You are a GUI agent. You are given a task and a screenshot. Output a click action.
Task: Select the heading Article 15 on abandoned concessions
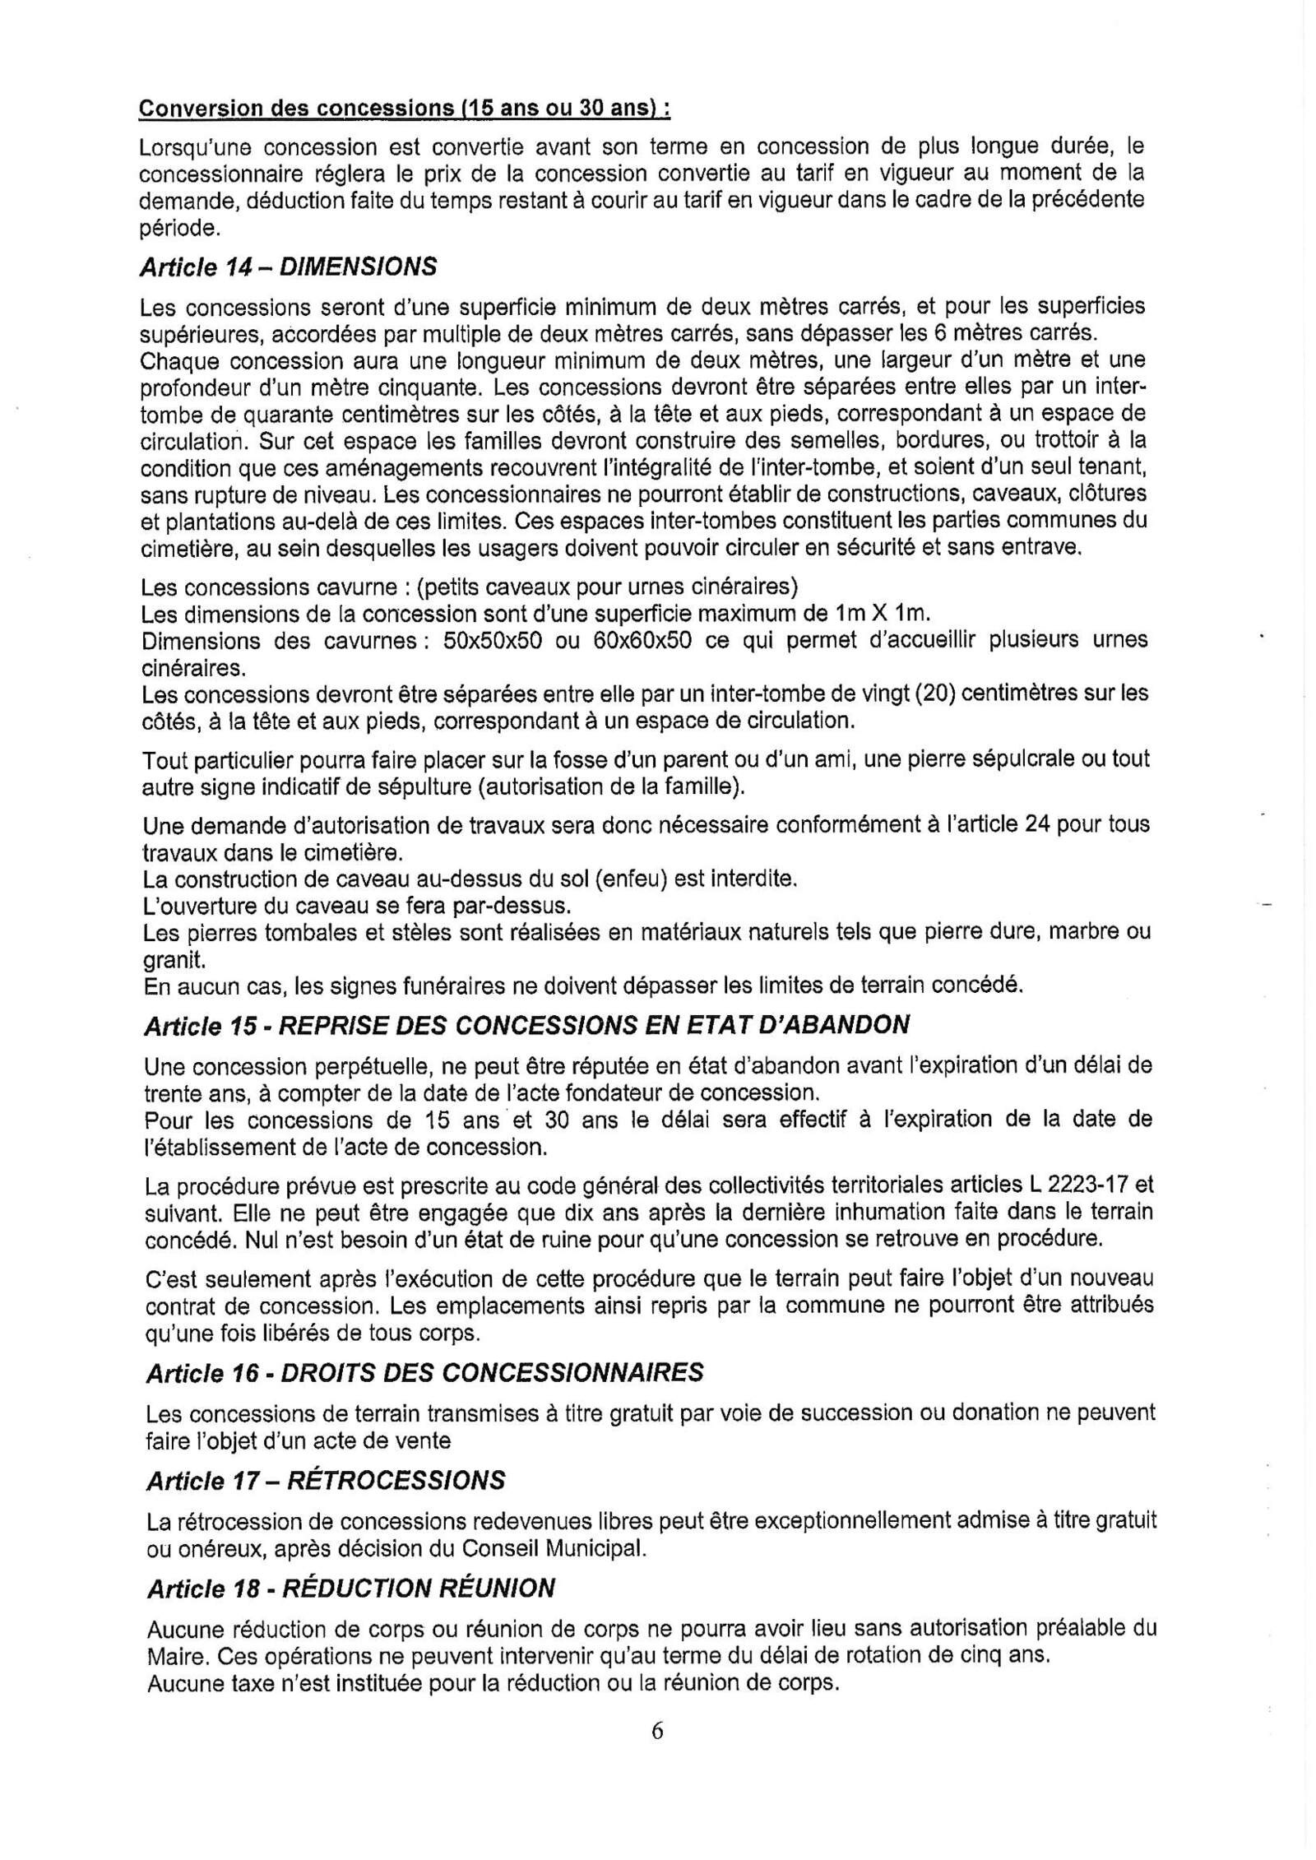526,1025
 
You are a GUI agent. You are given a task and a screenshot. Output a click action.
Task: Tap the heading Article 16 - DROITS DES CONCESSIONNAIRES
424,1372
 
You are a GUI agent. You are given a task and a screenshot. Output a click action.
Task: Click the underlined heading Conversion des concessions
404,109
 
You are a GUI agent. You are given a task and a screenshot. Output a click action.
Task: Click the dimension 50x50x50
492,641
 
